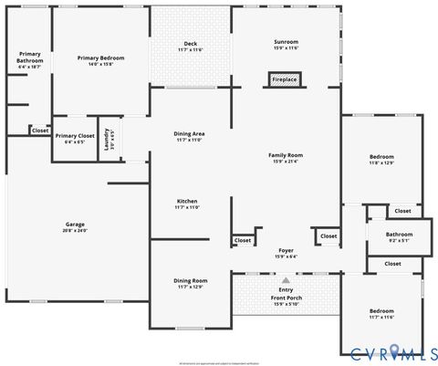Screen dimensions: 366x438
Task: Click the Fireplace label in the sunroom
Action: coord(285,80)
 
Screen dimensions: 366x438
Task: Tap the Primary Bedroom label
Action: coord(100,58)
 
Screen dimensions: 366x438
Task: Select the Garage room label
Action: coord(75,224)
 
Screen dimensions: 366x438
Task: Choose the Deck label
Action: coord(190,43)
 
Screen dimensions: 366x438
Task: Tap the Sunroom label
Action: coord(286,42)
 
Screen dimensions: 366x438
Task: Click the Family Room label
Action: coord(285,155)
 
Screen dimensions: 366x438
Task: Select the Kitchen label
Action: coord(187,201)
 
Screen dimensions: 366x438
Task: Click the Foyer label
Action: coord(286,250)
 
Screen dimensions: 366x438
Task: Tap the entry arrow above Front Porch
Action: coord(286,280)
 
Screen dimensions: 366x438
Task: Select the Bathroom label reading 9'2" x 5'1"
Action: coord(399,235)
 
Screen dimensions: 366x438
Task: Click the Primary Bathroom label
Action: coord(29,57)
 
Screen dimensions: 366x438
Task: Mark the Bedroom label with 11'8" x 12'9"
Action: coord(381,156)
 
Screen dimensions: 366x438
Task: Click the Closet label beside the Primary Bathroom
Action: coord(40,131)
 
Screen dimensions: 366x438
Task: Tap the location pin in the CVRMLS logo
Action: coord(395,350)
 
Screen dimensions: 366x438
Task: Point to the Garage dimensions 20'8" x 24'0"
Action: coord(75,230)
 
